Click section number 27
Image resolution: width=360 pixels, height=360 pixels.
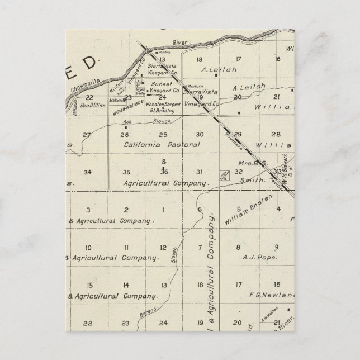pyautogui.click(x=86, y=135)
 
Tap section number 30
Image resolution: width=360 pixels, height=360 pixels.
pyautogui.click(x=200, y=135)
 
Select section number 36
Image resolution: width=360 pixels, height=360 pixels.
pyautogui.click(x=164, y=172)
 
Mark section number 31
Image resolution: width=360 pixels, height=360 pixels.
pyautogui.click(x=198, y=172)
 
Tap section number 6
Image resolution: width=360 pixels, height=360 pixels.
pyautogui.click(x=200, y=210)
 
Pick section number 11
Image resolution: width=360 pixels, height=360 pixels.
pyautogui.click(x=126, y=248)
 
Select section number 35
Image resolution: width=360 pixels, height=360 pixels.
pyautogui.click(x=127, y=172)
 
